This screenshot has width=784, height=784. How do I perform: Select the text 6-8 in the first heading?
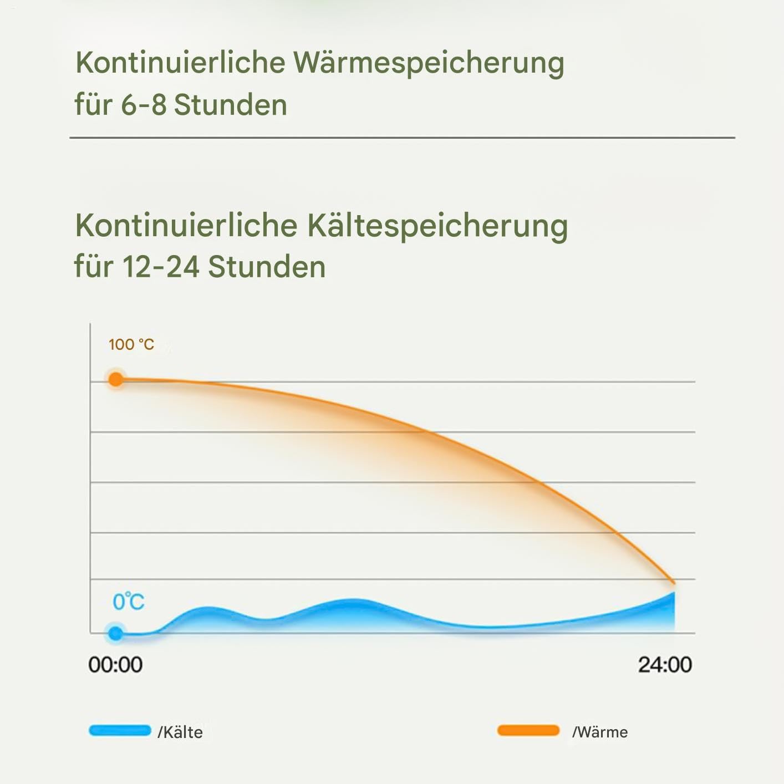coord(144,105)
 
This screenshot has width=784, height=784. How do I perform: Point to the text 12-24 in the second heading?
coord(161,267)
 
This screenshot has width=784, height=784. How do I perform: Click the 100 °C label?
coord(131,345)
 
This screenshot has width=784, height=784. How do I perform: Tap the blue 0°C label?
coord(129,602)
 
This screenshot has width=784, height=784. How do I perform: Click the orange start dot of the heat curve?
coord(116,379)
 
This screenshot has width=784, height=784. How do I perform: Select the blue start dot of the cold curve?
coord(116,634)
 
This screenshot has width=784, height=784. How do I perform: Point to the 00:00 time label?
coord(115,665)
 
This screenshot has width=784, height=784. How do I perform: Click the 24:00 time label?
coord(665,665)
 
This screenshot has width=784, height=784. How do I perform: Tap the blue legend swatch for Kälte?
coord(120,730)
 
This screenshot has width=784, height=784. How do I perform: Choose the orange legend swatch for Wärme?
coord(528,730)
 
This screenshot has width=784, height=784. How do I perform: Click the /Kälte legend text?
coord(180,732)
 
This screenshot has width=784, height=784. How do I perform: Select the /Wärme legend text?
coord(600,732)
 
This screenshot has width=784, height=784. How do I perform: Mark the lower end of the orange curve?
coord(674,583)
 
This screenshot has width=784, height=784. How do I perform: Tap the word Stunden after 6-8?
coord(231,105)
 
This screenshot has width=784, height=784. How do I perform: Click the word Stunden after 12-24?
coord(267,267)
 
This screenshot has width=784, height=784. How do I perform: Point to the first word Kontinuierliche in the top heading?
coord(181,63)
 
